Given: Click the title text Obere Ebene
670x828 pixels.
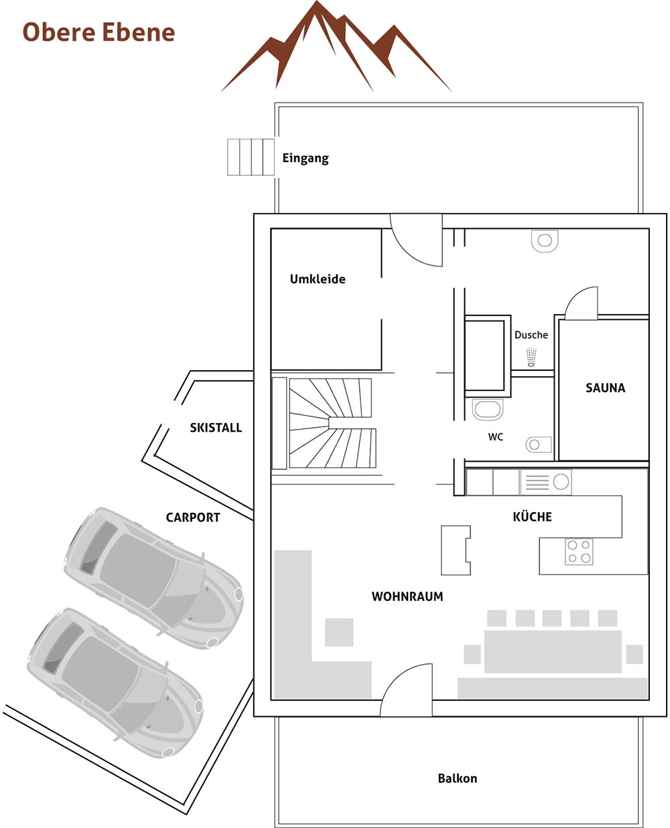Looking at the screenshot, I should (x=98, y=32).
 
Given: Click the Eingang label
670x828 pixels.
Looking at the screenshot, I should (x=306, y=159).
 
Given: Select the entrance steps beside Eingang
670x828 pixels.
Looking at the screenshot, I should (x=251, y=157).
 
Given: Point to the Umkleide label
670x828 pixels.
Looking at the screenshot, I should (x=318, y=279).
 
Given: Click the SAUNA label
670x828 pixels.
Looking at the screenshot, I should (x=605, y=388).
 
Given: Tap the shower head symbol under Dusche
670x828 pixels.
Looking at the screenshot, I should (x=531, y=356).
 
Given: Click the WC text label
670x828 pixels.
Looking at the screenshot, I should (x=495, y=437).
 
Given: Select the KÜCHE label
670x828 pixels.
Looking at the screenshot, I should (x=532, y=517).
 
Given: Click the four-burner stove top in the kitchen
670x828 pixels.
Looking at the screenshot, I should (x=579, y=552).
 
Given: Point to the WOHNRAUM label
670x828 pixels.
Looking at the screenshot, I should (x=407, y=596).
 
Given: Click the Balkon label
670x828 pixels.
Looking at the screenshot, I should (x=458, y=778).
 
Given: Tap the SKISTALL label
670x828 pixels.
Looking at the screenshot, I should (x=216, y=428).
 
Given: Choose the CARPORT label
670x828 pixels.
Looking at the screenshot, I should (x=193, y=517).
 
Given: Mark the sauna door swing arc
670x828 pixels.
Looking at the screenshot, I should (x=581, y=303).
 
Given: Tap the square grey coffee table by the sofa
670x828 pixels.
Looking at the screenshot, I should (x=339, y=632).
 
